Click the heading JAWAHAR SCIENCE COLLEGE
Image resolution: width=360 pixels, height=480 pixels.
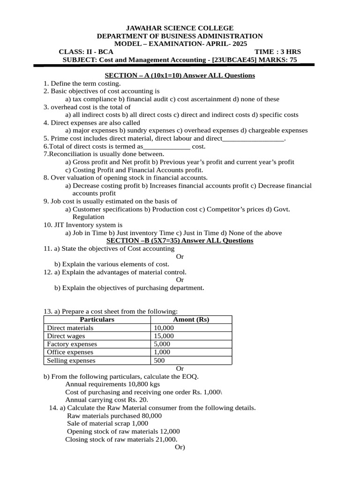click(180, 28)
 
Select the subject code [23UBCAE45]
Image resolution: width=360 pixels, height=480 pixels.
click(234, 60)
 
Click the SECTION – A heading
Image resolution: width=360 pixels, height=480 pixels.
click(180, 75)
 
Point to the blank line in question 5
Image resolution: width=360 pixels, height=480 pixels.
click(253, 139)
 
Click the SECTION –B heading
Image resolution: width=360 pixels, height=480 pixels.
click(180, 240)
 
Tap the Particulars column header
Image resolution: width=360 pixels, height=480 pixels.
click(97, 320)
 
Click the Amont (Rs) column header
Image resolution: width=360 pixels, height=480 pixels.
click(191, 320)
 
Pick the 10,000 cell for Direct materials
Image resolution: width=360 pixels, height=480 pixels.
click(164, 328)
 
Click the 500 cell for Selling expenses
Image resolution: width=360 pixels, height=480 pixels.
click(159, 360)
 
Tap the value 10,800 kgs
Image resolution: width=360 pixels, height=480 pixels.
click(142, 384)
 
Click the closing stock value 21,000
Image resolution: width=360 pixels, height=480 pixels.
click(166, 439)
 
